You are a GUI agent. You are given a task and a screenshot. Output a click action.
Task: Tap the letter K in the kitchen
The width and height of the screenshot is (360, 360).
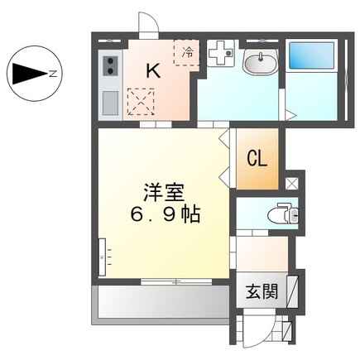pyautogui.click(x=153, y=72)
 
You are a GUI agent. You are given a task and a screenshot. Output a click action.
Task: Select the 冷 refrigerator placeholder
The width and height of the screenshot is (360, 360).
pyautogui.click(x=186, y=53)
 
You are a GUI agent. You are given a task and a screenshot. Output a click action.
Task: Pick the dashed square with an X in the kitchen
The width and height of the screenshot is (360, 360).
pyautogui.click(x=140, y=103)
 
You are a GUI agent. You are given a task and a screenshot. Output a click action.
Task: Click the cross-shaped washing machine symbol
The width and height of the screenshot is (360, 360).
pyautogui.click(x=221, y=55)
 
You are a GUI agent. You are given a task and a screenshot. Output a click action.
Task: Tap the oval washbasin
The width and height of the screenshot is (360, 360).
pyautogui.click(x=260, y=61)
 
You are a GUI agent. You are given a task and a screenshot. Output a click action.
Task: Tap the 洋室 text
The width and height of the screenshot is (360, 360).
pyautogui.click(x=159, y=188)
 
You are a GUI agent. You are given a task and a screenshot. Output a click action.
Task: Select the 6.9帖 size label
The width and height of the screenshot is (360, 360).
pyautogui.click(x=164, y=213)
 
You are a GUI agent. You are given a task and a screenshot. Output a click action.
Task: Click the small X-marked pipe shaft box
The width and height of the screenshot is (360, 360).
pyautogui.click(x=290, y=183)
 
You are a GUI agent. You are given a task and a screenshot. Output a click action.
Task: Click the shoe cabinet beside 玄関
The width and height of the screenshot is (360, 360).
pyautogui.click(x=290, y=290)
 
